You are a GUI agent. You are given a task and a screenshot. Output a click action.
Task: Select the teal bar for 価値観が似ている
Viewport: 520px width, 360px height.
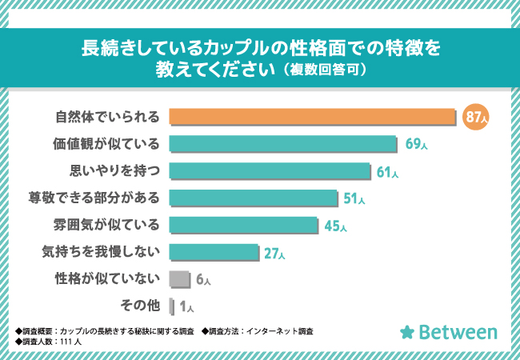coord(284,144)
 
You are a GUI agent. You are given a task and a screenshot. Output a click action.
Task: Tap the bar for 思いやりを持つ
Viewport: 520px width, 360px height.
coord(270,171)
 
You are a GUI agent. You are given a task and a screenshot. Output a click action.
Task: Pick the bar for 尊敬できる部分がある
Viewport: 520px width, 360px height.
coord(254,198)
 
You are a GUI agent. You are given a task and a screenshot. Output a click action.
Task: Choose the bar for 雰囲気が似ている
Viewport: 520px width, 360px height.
coord(244,225)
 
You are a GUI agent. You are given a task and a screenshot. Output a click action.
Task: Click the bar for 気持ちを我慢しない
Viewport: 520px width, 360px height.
coord(214,252)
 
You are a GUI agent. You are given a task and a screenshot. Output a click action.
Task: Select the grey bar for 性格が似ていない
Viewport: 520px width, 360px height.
coord(180,278)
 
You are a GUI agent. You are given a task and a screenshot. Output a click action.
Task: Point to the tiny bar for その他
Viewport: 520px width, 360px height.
coord(172,306)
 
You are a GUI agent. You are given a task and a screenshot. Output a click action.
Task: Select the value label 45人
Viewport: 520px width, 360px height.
coord(336,226)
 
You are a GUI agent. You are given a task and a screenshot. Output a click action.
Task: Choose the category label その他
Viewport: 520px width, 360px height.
coord(139,306)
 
